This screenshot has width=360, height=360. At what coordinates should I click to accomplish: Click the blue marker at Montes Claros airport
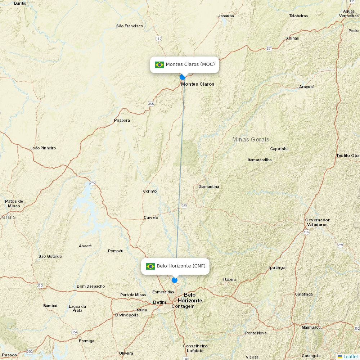(x=182, y=77)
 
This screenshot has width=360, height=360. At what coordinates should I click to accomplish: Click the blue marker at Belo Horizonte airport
(x=175, y=280)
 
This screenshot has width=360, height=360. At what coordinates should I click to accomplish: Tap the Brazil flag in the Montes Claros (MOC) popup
(x=159, y=65)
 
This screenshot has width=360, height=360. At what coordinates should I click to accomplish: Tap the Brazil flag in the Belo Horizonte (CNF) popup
(x=150, y=266)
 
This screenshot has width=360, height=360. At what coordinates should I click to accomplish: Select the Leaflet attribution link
(x=350, y=356)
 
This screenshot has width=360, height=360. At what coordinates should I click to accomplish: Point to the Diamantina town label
(x=208, y=186)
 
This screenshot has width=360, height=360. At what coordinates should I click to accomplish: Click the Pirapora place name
(x=122, y=120)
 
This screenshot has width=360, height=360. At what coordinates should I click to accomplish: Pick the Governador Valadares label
(x=317, y=222)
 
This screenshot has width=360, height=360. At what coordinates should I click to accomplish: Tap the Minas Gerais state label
(x=251, y=139)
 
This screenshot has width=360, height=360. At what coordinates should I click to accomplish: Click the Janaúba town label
(x=226, y=16)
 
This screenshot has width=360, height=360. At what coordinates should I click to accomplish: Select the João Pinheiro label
(x=43, y=148)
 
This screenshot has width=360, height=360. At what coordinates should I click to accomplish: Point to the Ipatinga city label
(x=277, y=267)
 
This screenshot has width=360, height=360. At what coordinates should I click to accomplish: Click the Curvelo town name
(x=151, y=217)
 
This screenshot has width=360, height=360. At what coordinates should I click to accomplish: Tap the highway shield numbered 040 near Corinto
(x=93, y=183)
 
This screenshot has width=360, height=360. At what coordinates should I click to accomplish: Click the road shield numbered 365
(x=151, y=104)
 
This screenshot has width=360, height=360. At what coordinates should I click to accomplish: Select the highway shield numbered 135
(x=159, y=38)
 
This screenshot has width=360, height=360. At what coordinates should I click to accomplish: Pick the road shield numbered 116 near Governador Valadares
(x=306, y=232)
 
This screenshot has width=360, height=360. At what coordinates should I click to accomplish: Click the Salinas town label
(x=292, y=38)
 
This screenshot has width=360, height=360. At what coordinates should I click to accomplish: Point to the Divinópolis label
(x=127, y=315)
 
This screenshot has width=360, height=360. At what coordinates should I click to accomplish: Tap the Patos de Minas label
(x=14, y=203)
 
